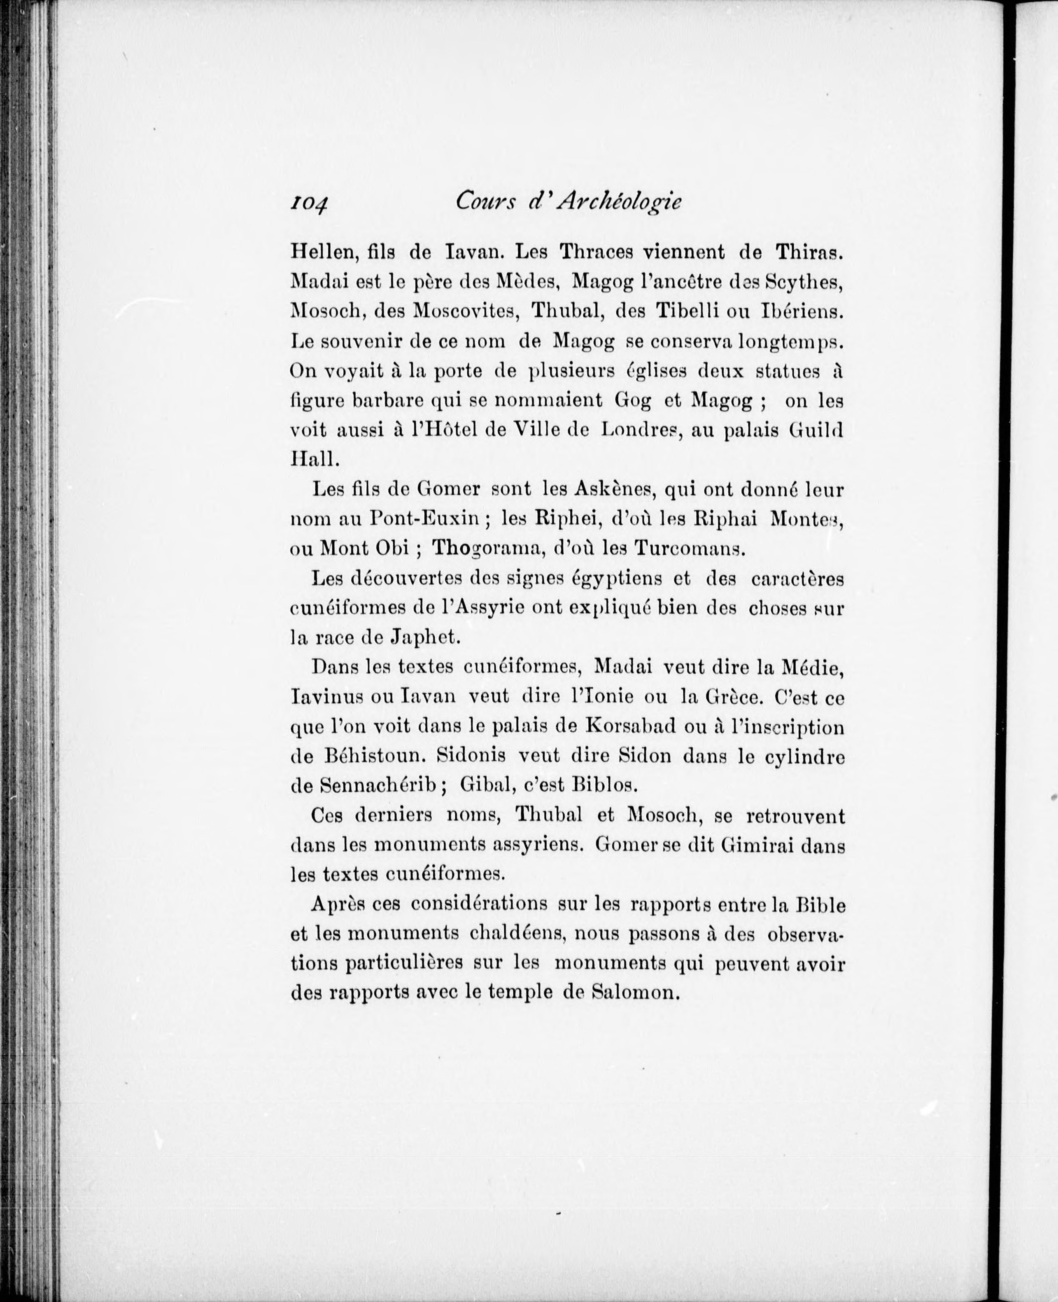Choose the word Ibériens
[x=802, y=311]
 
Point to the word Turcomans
[x=689, y=548]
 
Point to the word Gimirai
[x=757, y=845]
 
